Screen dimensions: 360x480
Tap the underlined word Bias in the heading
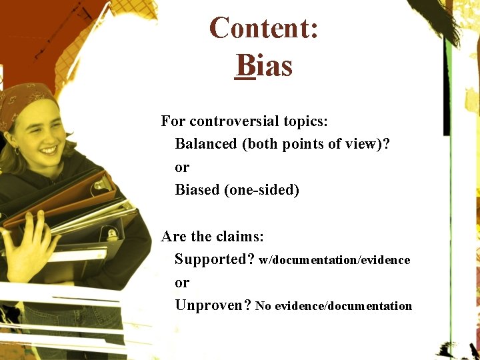[264, 66]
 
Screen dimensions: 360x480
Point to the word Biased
[197, 190]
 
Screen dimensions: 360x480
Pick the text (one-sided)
[262, 190]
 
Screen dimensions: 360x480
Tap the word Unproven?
[213, 305]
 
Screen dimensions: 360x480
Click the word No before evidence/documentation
[263, 306]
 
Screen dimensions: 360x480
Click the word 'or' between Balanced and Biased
[181, 167]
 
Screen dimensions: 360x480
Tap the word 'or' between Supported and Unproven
[181, 283]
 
